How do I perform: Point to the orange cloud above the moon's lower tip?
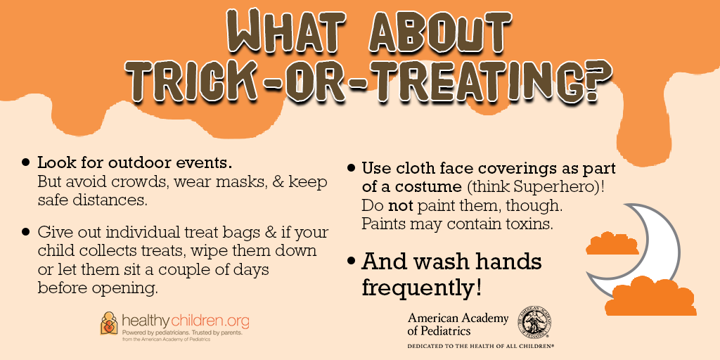point(612,243)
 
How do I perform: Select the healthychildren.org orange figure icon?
point(109,323)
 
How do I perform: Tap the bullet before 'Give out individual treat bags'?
point(26,232)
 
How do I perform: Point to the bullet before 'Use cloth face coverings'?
point(352,168)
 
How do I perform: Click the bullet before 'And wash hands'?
point(352,262)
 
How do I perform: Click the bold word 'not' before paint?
point(401,206)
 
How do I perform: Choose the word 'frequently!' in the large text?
point(422,288)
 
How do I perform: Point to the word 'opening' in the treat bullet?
point(125,289)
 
